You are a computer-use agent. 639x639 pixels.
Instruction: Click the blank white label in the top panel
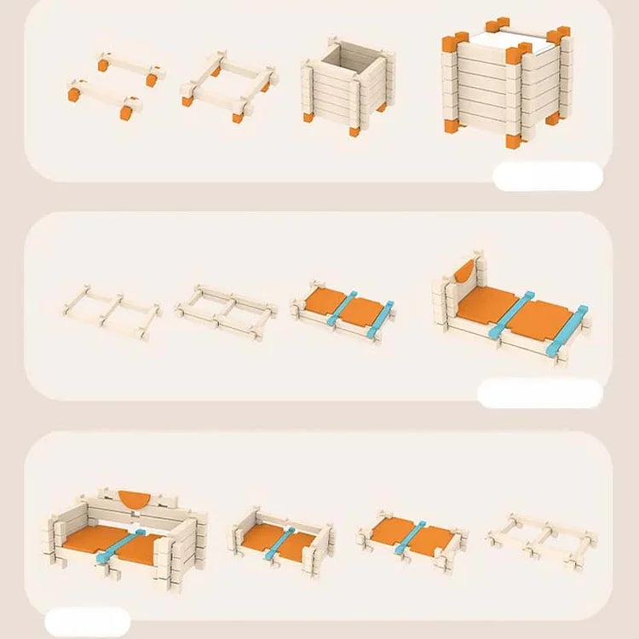(548, 176)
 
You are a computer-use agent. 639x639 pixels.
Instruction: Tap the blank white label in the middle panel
(539, 394)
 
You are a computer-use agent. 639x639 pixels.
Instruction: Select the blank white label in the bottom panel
(87, 621)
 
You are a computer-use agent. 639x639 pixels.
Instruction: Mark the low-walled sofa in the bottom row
(279, 539)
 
